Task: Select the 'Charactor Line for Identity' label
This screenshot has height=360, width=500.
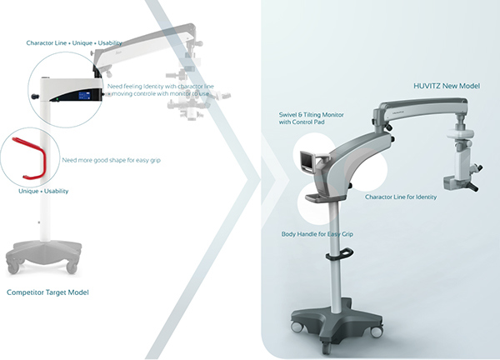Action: [401, 197]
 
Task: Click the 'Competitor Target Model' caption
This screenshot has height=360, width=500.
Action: [47, 292]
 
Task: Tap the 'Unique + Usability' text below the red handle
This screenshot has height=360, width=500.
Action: [43, 192]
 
